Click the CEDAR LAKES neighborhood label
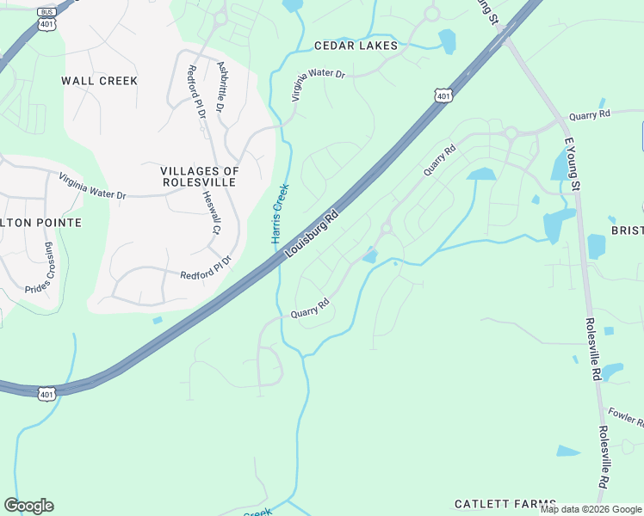[x=356, y=46]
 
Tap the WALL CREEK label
[x=99, y=81]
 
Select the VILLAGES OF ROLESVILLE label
[x=200, y=177]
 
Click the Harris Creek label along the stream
[x=280, y=213]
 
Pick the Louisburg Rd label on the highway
[x=312, y=234]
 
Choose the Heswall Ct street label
[x=211, y=212]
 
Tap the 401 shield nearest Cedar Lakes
[x=442, y=95]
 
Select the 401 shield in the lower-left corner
[x=46, y=393]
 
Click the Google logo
[x=28, y=506]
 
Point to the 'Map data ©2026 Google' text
[x=591, y=509]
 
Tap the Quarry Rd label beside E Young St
[x=589, y=114]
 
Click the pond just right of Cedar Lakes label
[x=447, y=41]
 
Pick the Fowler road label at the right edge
[x=625, y=417]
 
